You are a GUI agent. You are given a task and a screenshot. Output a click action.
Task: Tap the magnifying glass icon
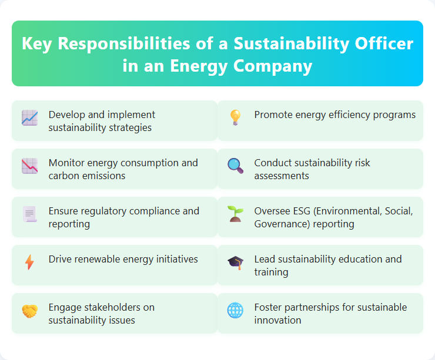point(235,166)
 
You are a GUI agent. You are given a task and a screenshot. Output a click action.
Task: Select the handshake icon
point(29,311)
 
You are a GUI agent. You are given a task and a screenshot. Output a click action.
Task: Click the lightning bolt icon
point(29,263)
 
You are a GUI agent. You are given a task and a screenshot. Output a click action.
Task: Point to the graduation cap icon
point(235,263)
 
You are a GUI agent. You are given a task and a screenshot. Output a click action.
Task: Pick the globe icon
point(235,311)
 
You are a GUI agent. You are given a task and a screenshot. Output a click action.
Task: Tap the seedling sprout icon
point(235,214)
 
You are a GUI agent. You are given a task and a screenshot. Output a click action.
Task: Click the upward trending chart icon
point(29,118)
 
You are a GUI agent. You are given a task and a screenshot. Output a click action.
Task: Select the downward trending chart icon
point(29,166)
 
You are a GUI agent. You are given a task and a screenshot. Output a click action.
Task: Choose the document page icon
point(29,214)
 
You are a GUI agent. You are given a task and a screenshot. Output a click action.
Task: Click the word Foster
point(267,307)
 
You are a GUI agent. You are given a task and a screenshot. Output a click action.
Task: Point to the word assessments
point(282,176)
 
